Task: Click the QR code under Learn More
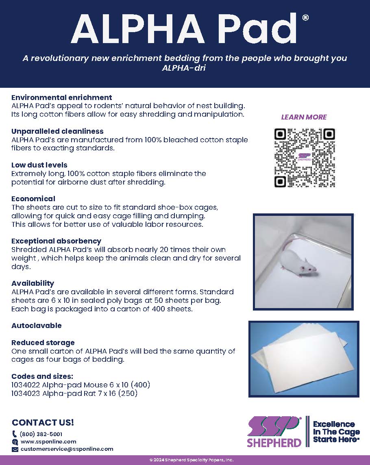click(x=305, y=158)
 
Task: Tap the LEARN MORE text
click(x=304, y=117)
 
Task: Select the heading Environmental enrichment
click(x=61, y=98)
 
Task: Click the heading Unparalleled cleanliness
click(x=57, y=131)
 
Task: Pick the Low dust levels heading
click(x=39, y=165)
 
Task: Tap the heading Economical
click(x=33, y=199)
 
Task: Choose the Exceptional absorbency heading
click(x=56, y=241)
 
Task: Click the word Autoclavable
click(x=37, y=326)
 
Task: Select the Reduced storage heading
click(x=43, y=343)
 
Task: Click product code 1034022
click(x=26, y=385)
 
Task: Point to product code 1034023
click(x=26, y=393)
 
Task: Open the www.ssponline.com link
click(x=48, y=441)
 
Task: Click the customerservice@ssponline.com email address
click(x=67, y=449)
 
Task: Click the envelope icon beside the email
click(x=15, y=450)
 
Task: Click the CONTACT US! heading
click(x=43, y=422)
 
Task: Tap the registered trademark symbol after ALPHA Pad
click(x=305, y=17)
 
